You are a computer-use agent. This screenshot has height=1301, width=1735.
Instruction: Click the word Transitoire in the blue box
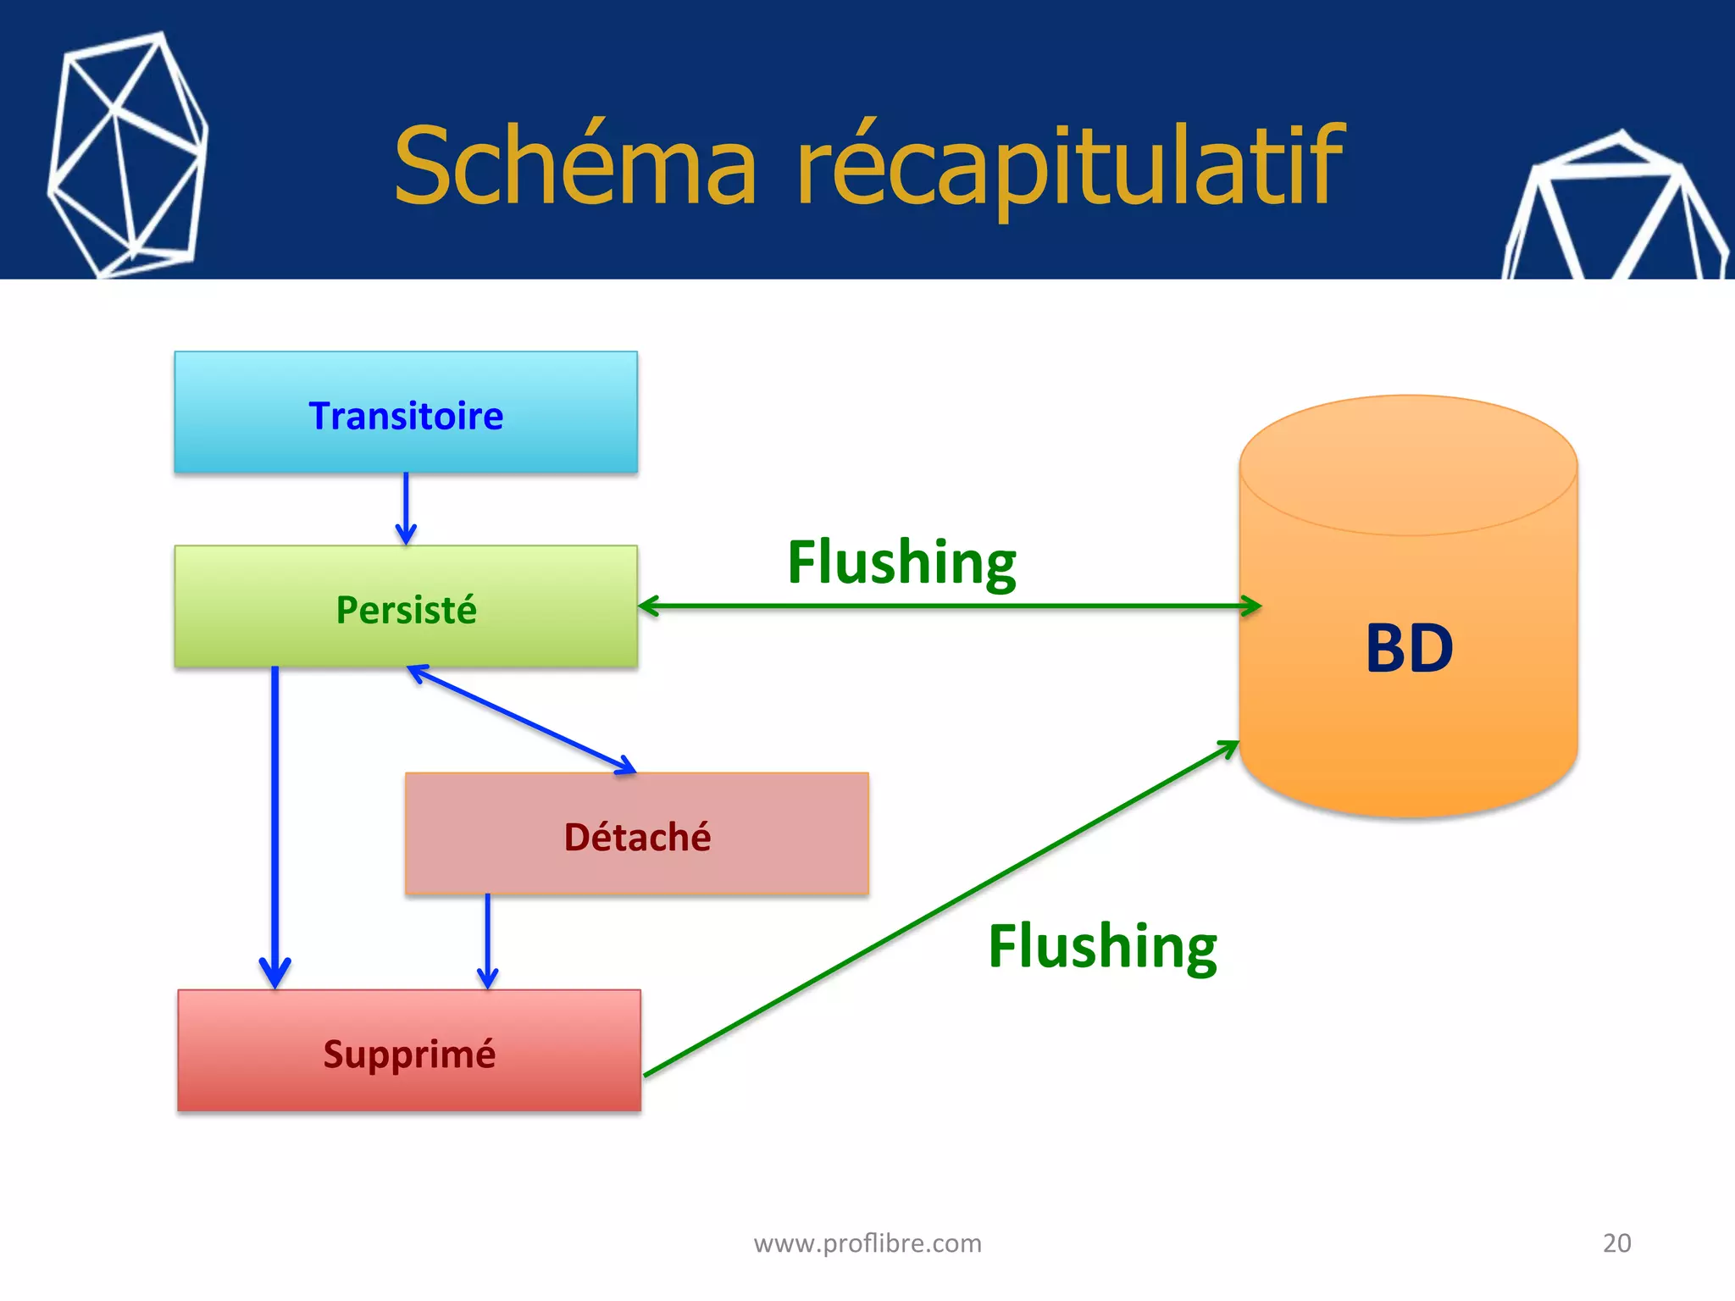coord(406,416)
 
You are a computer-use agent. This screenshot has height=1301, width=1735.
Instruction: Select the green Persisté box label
coord(406,610)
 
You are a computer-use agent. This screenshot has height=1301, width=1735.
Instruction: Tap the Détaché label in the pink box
coord(637,837)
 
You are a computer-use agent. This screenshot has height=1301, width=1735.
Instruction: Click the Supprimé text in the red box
coord(409,1054)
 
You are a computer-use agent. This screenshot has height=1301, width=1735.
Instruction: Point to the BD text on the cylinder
coord(1409,649)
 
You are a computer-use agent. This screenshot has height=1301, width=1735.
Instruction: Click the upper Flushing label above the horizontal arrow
coord(901,562)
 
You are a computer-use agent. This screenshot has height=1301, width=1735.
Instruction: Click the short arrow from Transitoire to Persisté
coord(406,508)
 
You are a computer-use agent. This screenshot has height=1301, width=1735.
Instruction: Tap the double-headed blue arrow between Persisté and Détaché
coord(521,719)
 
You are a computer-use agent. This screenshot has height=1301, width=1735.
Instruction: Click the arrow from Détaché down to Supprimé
coord(487,940)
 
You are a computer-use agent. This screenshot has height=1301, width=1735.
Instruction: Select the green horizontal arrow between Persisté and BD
coord(949,606)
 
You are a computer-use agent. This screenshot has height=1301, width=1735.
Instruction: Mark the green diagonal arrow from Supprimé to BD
coord(940,909)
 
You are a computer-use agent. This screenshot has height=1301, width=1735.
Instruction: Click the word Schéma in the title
coord(575,164)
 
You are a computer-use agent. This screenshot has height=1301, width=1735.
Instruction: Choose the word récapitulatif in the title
coord(1069,166)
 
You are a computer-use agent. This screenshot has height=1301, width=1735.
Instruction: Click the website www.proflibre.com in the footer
coord(867,1243)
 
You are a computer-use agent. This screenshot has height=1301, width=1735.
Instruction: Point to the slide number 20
coord(1616,1243)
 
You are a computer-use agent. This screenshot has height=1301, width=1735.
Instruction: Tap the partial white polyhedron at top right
coord(1618,212)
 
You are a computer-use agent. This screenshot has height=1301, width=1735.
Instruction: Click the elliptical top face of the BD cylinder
coord(1408,464)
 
